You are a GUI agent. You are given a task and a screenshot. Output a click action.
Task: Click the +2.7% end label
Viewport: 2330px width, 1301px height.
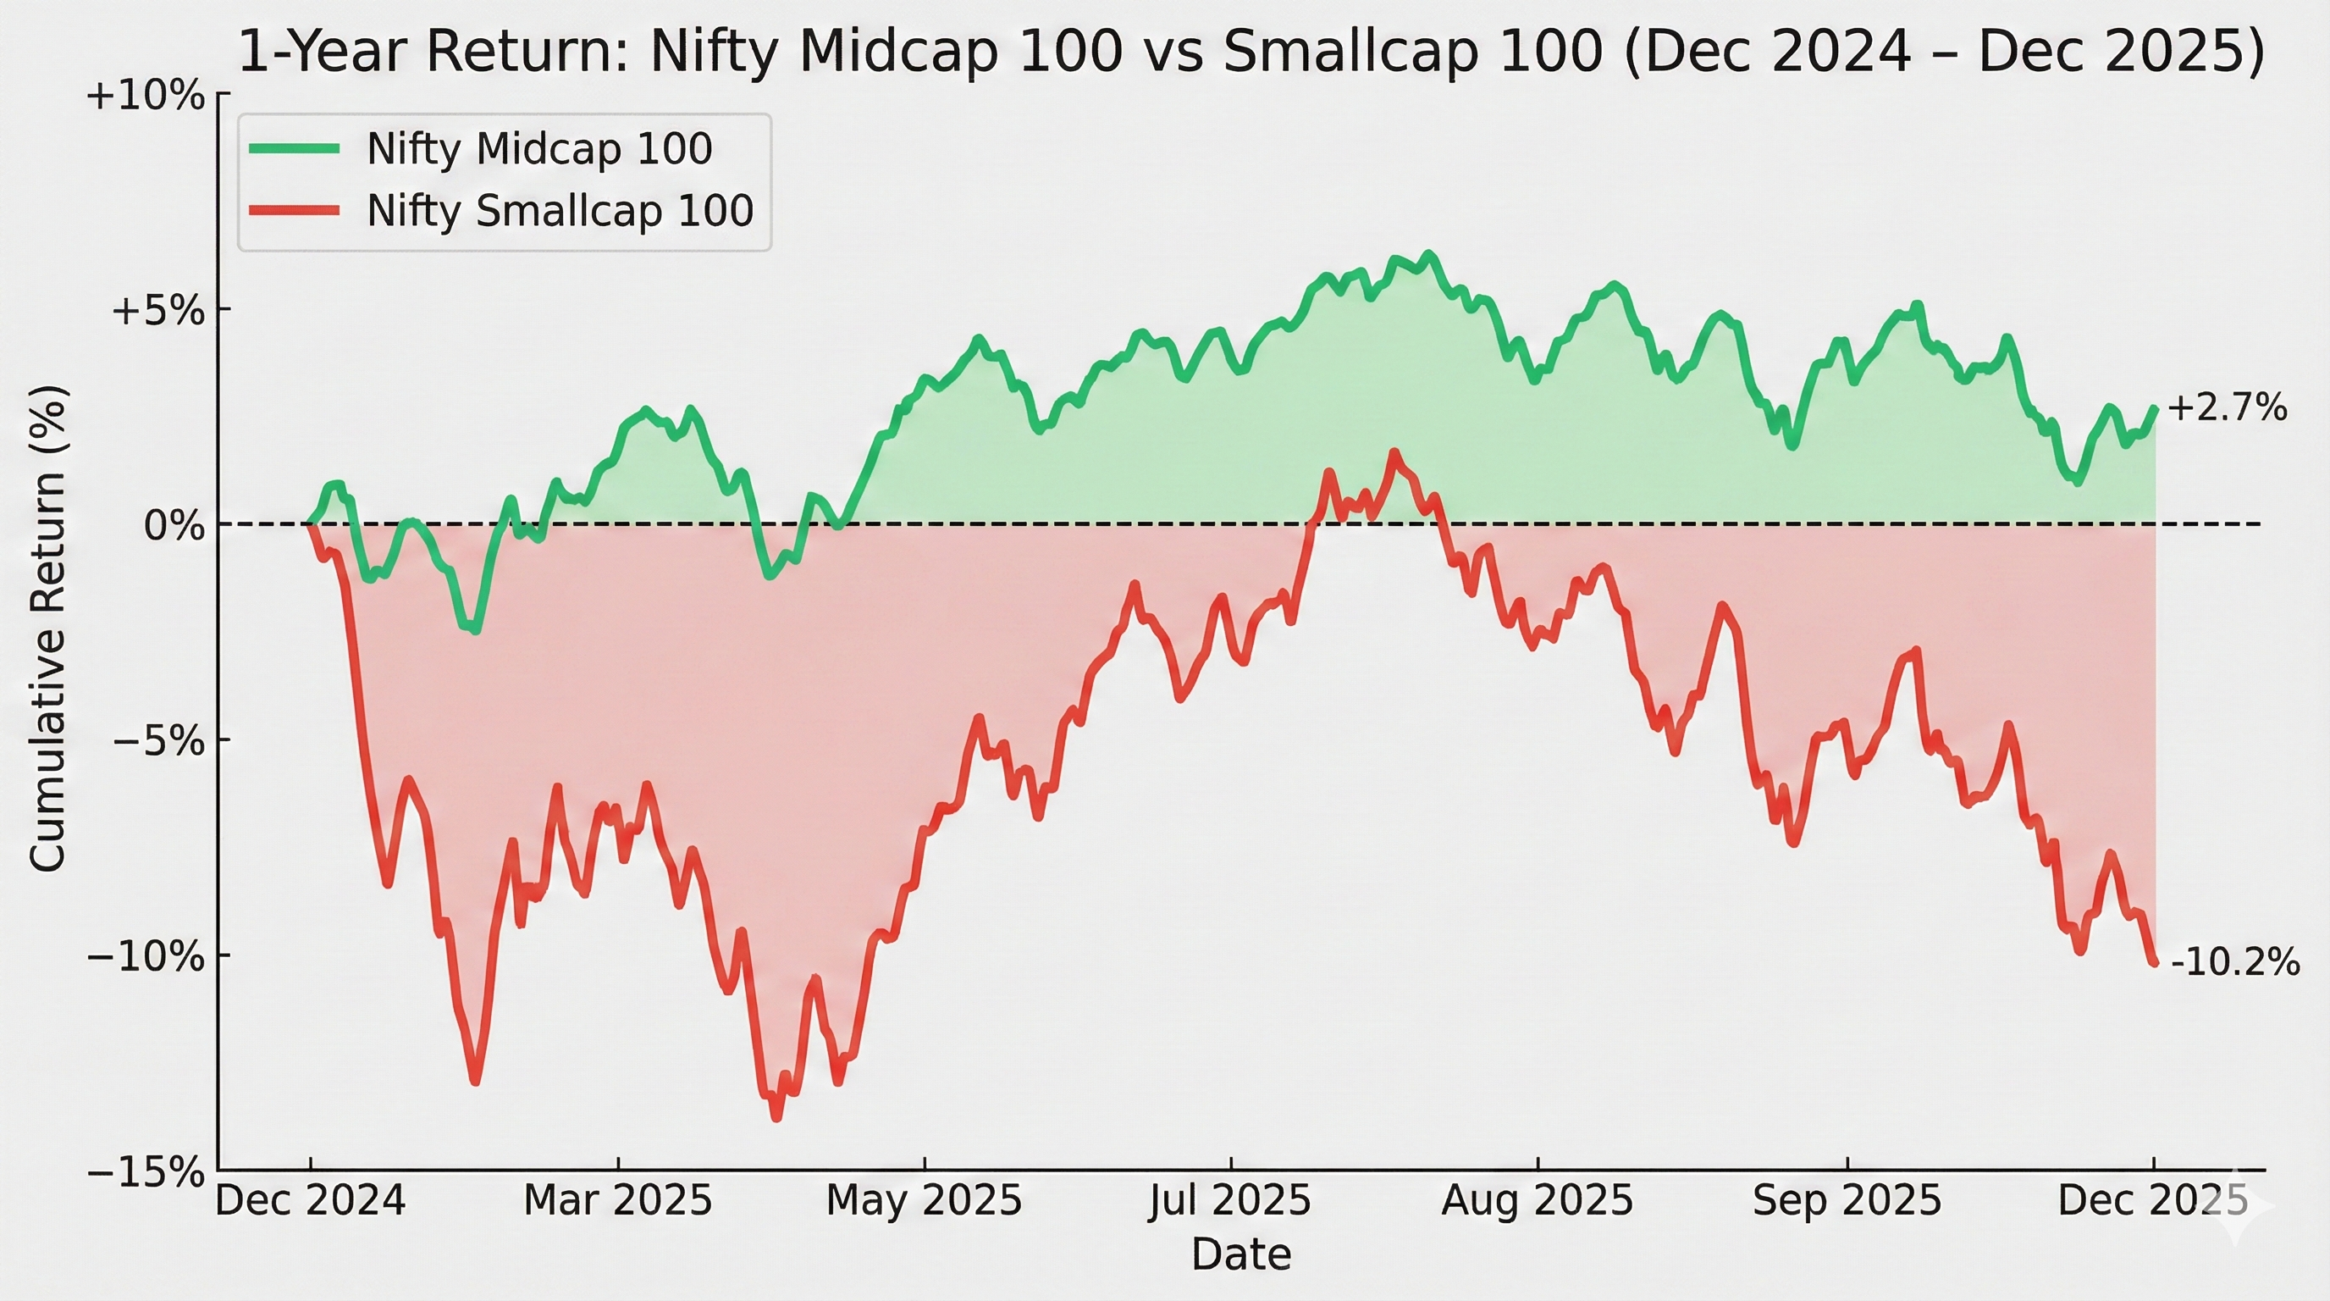[x=2226, y=409]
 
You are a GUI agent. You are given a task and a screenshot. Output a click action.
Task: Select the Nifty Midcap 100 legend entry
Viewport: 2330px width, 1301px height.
[x=539, y=149]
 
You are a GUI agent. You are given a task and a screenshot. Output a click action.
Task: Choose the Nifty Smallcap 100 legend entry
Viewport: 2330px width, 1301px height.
[x=559, y=211]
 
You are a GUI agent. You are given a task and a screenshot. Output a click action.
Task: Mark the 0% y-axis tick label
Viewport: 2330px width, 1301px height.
[x=174, y=525]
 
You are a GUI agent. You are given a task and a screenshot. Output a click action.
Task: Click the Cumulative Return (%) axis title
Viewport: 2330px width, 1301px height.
[x=49, y=629]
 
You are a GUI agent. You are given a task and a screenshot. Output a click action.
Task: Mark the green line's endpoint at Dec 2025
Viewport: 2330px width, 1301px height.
[x=2156, y=409]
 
